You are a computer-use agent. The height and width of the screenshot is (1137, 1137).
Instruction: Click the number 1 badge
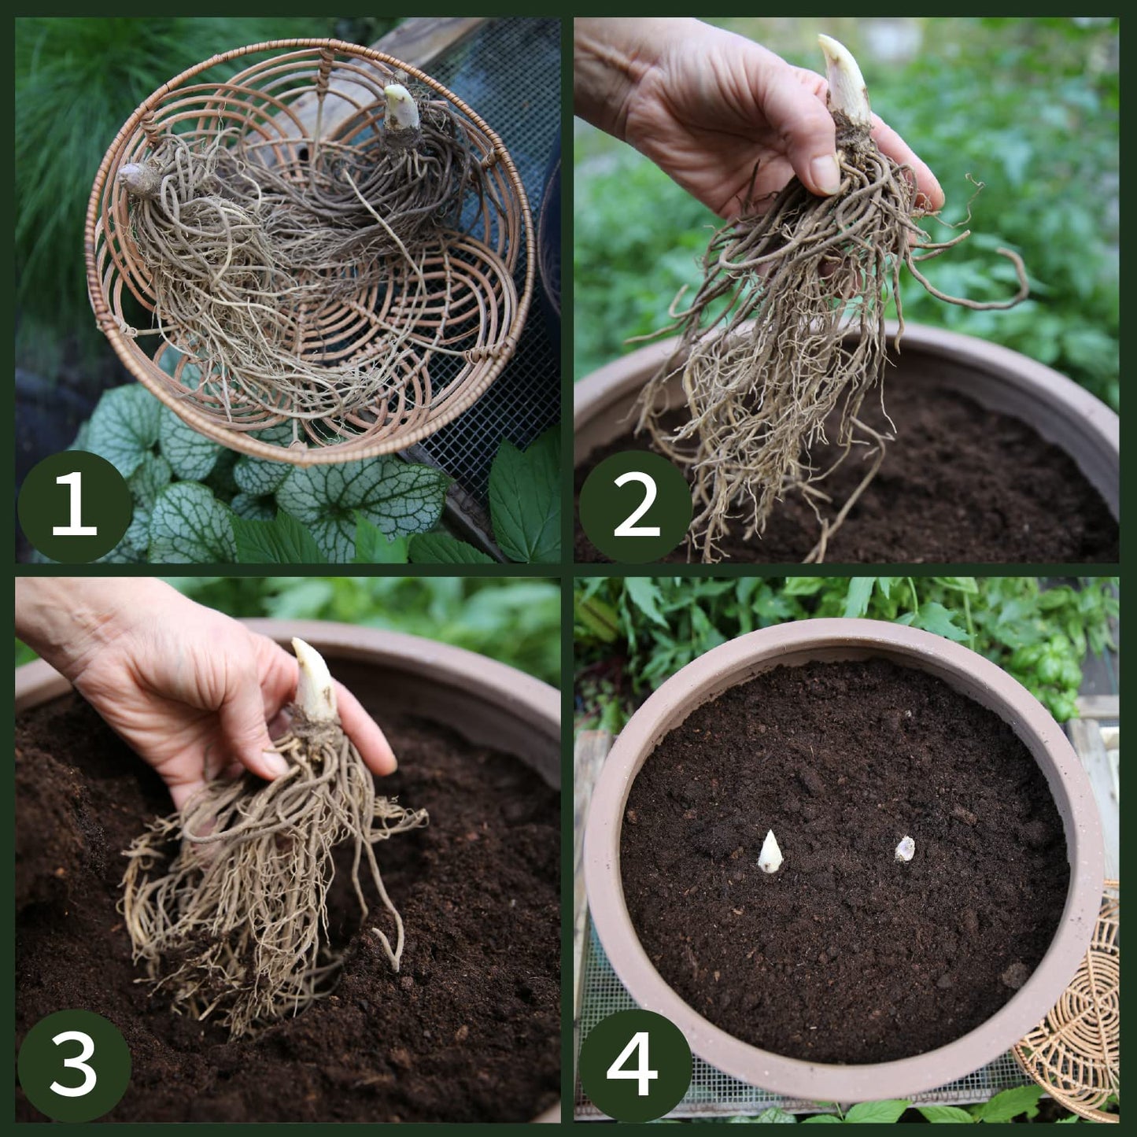pos(74,506)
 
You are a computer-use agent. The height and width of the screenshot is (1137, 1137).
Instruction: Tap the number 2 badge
pos(636,506)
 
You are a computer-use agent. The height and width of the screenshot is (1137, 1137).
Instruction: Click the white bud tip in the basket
pos(401,106)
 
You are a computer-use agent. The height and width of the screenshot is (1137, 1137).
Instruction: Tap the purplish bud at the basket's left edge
pos(138,179)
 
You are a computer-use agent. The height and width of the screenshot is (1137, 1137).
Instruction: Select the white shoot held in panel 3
pos(314,681)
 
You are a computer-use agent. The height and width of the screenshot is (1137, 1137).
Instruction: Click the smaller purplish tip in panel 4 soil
pos(905,849)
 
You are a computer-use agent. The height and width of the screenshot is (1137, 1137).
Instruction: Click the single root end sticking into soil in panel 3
pos(391,948)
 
